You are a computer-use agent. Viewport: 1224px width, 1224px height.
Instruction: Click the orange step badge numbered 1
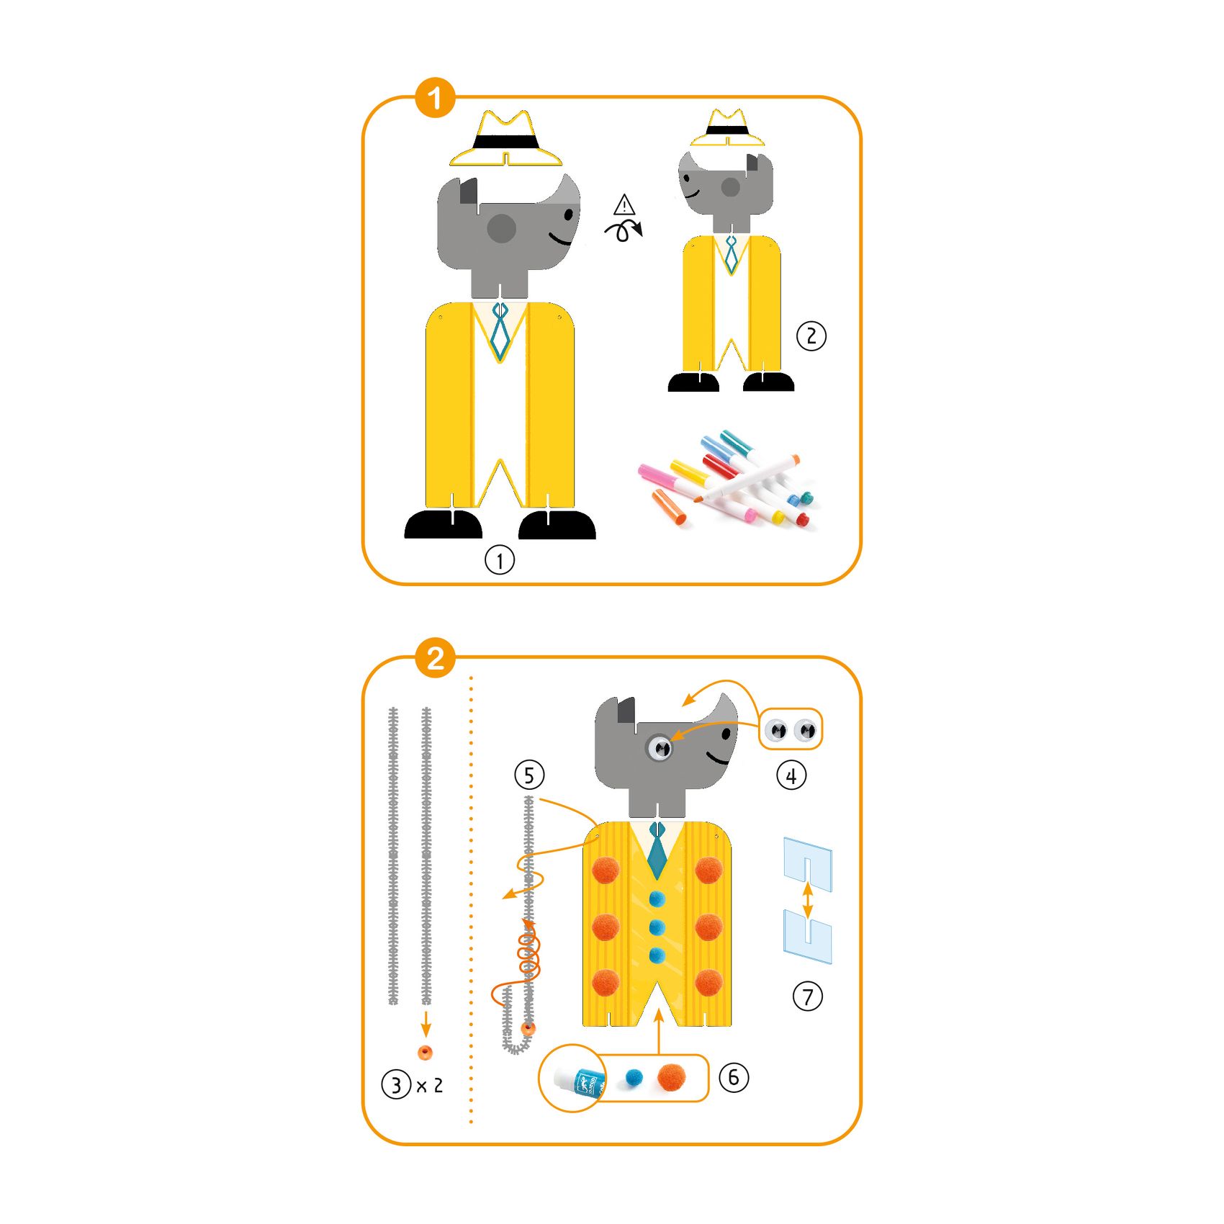[x=435, y=98]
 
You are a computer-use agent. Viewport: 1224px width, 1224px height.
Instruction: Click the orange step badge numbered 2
[x=435, y=658]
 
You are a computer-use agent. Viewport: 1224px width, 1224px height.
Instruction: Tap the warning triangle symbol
[x=624, y=205]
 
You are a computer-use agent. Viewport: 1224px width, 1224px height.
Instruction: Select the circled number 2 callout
[x=811, y=336]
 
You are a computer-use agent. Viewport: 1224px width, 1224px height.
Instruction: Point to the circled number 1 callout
[x=500, y=559]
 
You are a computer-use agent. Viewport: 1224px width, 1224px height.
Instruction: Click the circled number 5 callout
[x=529, y=775]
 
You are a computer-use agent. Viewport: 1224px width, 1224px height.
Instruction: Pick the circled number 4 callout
[x=791, y=775]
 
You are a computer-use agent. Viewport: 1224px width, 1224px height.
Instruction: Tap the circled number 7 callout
[x=808, y=996]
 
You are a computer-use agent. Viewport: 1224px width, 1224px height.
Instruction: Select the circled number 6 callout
[x=734, y=1077]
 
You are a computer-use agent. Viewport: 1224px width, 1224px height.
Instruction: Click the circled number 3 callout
[x=396, y=1084]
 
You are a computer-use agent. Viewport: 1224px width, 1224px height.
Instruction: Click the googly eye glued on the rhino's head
[x=660, y=747]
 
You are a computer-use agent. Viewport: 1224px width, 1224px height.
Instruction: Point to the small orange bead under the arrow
[x=426, y=1052]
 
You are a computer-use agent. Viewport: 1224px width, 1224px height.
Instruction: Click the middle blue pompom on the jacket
[x=657, y=927]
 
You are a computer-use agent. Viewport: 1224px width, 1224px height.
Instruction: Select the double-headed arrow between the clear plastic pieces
[x=808, y=900]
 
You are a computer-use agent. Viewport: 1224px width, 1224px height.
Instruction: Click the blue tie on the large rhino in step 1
[x=500, y=331]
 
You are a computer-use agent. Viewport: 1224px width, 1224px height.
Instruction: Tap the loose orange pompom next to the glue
[x=671, y=1078]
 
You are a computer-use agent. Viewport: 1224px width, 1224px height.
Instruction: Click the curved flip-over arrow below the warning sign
[x=624, y=230]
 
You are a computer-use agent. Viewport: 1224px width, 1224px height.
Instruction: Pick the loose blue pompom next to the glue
[x=634, y=1077]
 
